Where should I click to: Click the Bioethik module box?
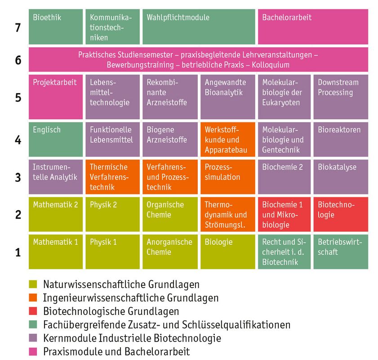coord(56,27)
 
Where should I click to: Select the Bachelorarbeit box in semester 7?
coord(313,27)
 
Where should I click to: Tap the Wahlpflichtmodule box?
coord(199,27)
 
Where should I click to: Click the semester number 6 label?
coord(18,60)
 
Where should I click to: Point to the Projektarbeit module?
coord(56,97)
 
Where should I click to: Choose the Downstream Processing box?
coord(341,97)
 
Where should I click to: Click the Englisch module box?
coord(56,139)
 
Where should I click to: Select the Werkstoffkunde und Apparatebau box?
coord(227,139)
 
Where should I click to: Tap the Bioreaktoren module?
coord(341,139)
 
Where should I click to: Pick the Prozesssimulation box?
coord(227,176)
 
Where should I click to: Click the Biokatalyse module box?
coord(341,176)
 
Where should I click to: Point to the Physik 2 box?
coord(112,214)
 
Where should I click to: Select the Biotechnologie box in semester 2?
coord(341,214)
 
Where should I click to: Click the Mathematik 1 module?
coord(56,252)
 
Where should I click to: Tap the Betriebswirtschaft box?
coord(341,252)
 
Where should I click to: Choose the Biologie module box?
coord(227,252)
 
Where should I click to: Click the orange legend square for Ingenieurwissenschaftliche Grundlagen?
coord(33,297)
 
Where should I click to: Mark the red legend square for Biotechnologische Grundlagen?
coord(33,311)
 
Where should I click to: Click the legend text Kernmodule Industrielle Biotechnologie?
coord(132,338)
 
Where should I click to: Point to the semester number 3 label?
coord(18,177)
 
